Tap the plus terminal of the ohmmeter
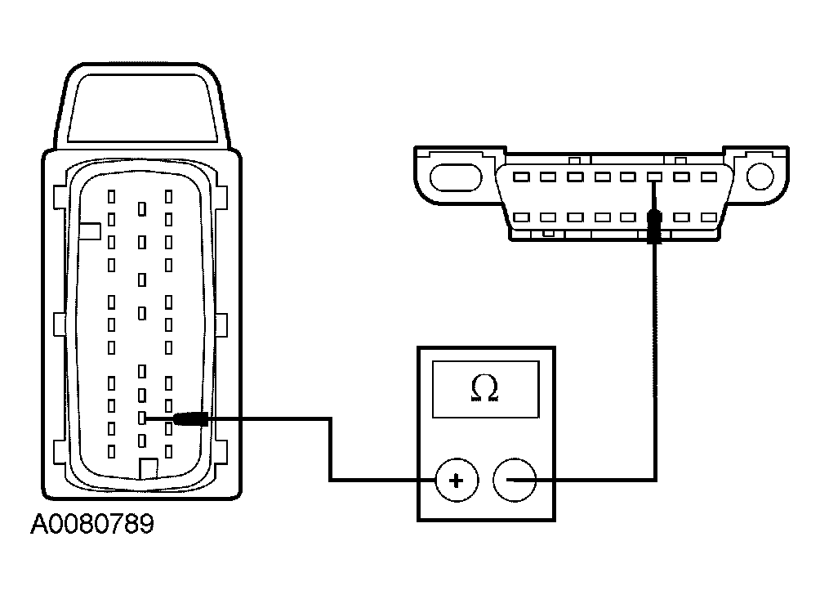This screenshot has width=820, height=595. (455, 481)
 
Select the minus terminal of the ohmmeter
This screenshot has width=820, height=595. (515, 481)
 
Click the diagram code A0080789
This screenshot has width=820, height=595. (91, 524)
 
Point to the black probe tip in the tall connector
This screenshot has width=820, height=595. (190, 418)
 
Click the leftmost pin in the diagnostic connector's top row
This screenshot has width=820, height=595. (522, 177)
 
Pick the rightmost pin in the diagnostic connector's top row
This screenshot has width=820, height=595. (706, 177)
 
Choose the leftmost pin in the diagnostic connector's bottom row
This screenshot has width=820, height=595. (522, 218)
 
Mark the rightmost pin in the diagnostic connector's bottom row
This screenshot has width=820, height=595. (706, 218)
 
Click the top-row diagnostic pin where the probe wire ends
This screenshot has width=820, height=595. (653, 177)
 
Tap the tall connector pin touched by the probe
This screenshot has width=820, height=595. (142, 418)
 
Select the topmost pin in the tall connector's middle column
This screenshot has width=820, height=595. (142, 209)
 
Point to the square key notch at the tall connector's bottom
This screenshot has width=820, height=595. (149, 468)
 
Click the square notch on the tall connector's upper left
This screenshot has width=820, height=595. (90, 232)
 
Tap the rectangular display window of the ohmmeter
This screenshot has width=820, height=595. (487, 390)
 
